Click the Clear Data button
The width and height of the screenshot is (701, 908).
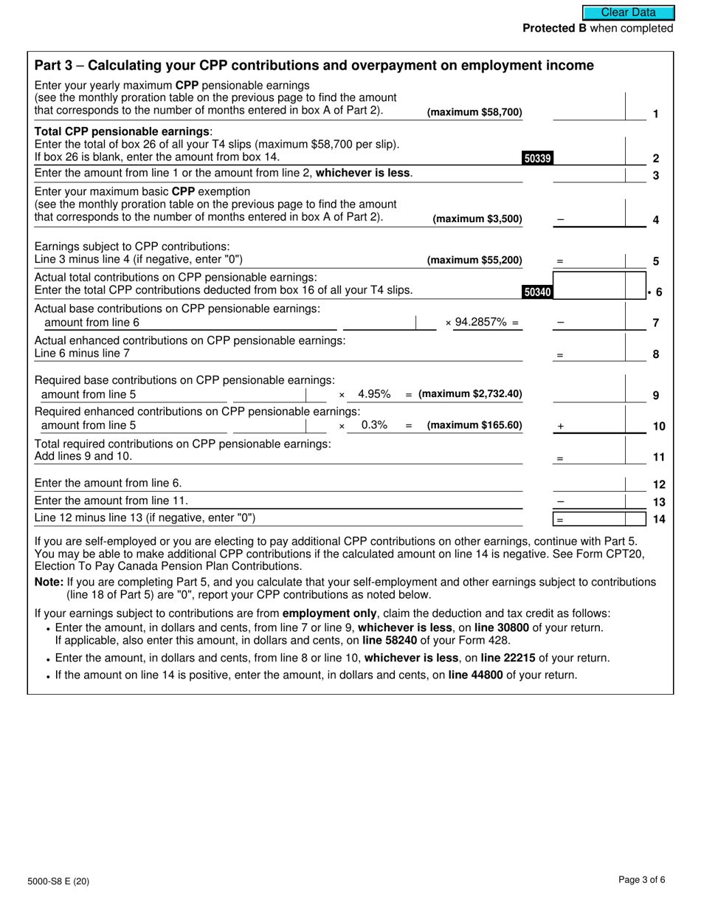(628, 13)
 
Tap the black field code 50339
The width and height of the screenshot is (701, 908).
(537, 158)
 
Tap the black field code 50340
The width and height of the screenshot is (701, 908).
(536, 292)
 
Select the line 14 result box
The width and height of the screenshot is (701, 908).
(598, 519)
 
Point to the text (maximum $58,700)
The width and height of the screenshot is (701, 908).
(474, 113)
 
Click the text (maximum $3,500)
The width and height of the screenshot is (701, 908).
(477, 219)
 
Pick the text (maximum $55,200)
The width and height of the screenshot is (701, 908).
(474, 261)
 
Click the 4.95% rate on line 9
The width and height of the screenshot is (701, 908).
(374, 394)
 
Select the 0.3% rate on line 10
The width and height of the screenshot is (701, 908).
(374, 425)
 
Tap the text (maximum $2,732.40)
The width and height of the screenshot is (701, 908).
(470, 394)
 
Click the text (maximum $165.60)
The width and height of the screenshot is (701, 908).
(474, 425)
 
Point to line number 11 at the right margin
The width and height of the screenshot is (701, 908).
(658, 458)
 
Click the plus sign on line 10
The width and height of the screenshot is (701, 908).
(561, 427)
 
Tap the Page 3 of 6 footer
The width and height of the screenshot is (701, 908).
(642, 879)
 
